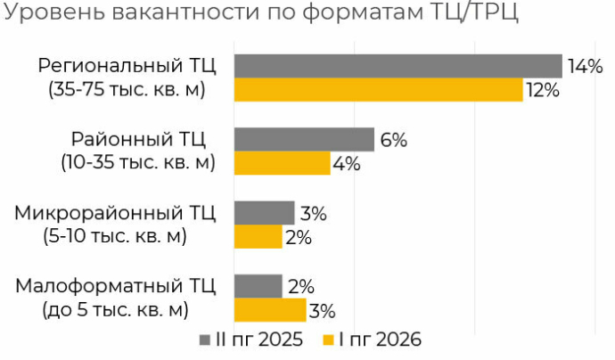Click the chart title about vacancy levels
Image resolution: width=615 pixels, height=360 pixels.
[260, 12]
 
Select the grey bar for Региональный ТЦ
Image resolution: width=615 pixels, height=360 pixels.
[398, 66]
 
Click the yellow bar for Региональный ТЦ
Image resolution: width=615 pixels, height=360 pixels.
[379, 90]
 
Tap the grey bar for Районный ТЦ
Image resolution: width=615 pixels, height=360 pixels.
[304, 140]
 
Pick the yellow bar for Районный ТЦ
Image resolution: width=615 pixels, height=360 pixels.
[283, 163]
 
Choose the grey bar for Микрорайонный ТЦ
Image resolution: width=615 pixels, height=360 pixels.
[265, 213]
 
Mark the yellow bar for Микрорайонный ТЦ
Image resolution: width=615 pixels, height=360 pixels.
[258, 236]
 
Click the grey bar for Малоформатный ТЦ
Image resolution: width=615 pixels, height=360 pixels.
[258, 286]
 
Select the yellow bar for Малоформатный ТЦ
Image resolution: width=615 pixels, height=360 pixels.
[270, 310]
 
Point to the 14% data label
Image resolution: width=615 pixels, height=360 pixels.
[586, 66]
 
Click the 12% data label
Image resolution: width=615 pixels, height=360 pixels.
[543, 90]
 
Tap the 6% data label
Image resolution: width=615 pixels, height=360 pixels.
[394, 140]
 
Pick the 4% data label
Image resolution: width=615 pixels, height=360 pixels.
[347, 164]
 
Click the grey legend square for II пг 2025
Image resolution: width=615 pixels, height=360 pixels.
[205, 340]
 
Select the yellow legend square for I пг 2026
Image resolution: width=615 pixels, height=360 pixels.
[328, 340]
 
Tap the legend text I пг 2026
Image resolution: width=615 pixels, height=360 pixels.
[380, 340]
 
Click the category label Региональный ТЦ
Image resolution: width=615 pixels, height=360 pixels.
[127, 65]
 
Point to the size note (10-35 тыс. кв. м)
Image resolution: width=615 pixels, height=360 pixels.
[138, 162]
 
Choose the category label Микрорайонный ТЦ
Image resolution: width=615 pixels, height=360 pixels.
[115, 213]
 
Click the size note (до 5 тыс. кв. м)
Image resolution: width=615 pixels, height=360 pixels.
[115, 310]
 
